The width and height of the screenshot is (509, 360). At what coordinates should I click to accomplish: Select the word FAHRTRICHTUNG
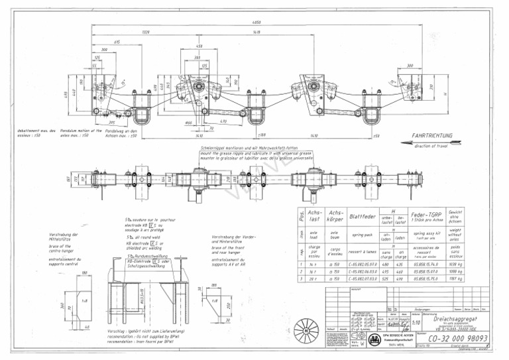point(431,135)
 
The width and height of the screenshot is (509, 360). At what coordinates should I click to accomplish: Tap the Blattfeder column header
point(363,215)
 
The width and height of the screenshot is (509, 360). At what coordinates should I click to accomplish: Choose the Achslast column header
point(314,215)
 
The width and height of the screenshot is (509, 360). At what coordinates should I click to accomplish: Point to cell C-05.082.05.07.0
point(363,263)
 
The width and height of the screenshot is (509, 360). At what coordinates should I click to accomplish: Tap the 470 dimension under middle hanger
point(222,121)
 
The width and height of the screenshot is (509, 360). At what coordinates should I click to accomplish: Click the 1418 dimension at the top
point(256,31)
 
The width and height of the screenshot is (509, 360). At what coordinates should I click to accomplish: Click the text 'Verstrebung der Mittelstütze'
point(64,237)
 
